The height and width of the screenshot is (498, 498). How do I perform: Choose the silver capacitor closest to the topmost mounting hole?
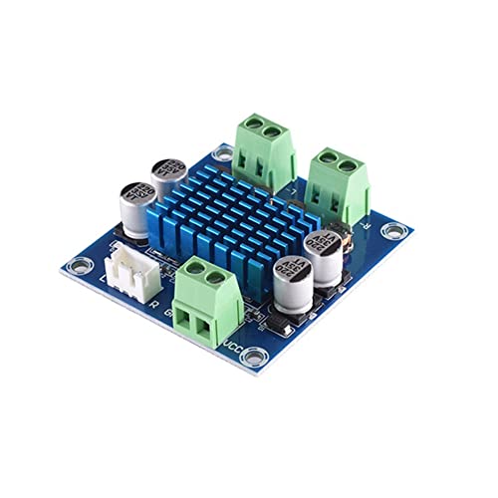[168, 178]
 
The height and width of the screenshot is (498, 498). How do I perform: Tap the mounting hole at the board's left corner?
[74, 266]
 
